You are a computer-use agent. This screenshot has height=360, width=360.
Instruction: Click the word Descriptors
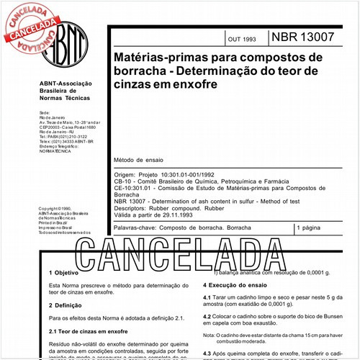tap(132, 208)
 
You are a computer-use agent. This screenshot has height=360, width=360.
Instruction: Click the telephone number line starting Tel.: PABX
tap(63, 135)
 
